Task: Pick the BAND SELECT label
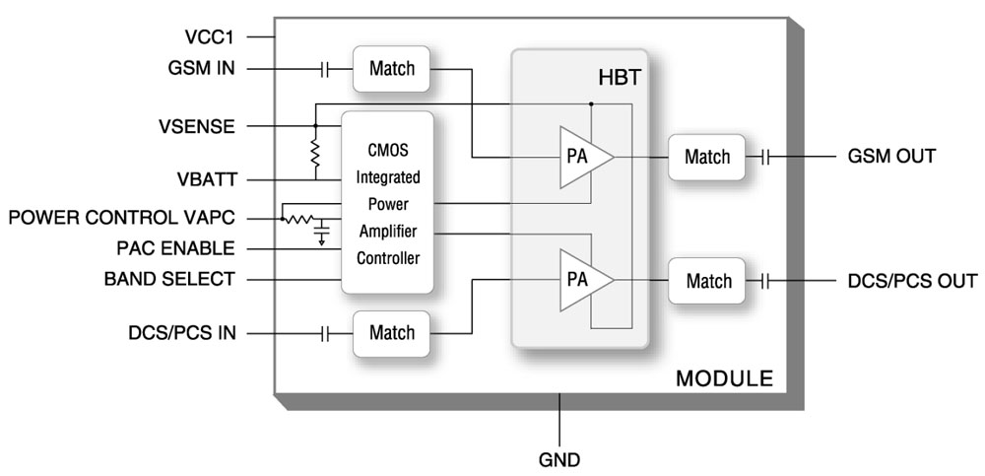169,279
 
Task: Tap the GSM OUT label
891,156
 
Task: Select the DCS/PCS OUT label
912,280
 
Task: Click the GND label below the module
559,458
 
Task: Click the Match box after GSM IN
392,69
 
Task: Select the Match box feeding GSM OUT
708,156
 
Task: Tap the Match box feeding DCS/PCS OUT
708,281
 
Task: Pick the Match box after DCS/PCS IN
392,333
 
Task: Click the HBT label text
620,76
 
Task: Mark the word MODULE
724,378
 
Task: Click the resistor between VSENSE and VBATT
315,152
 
